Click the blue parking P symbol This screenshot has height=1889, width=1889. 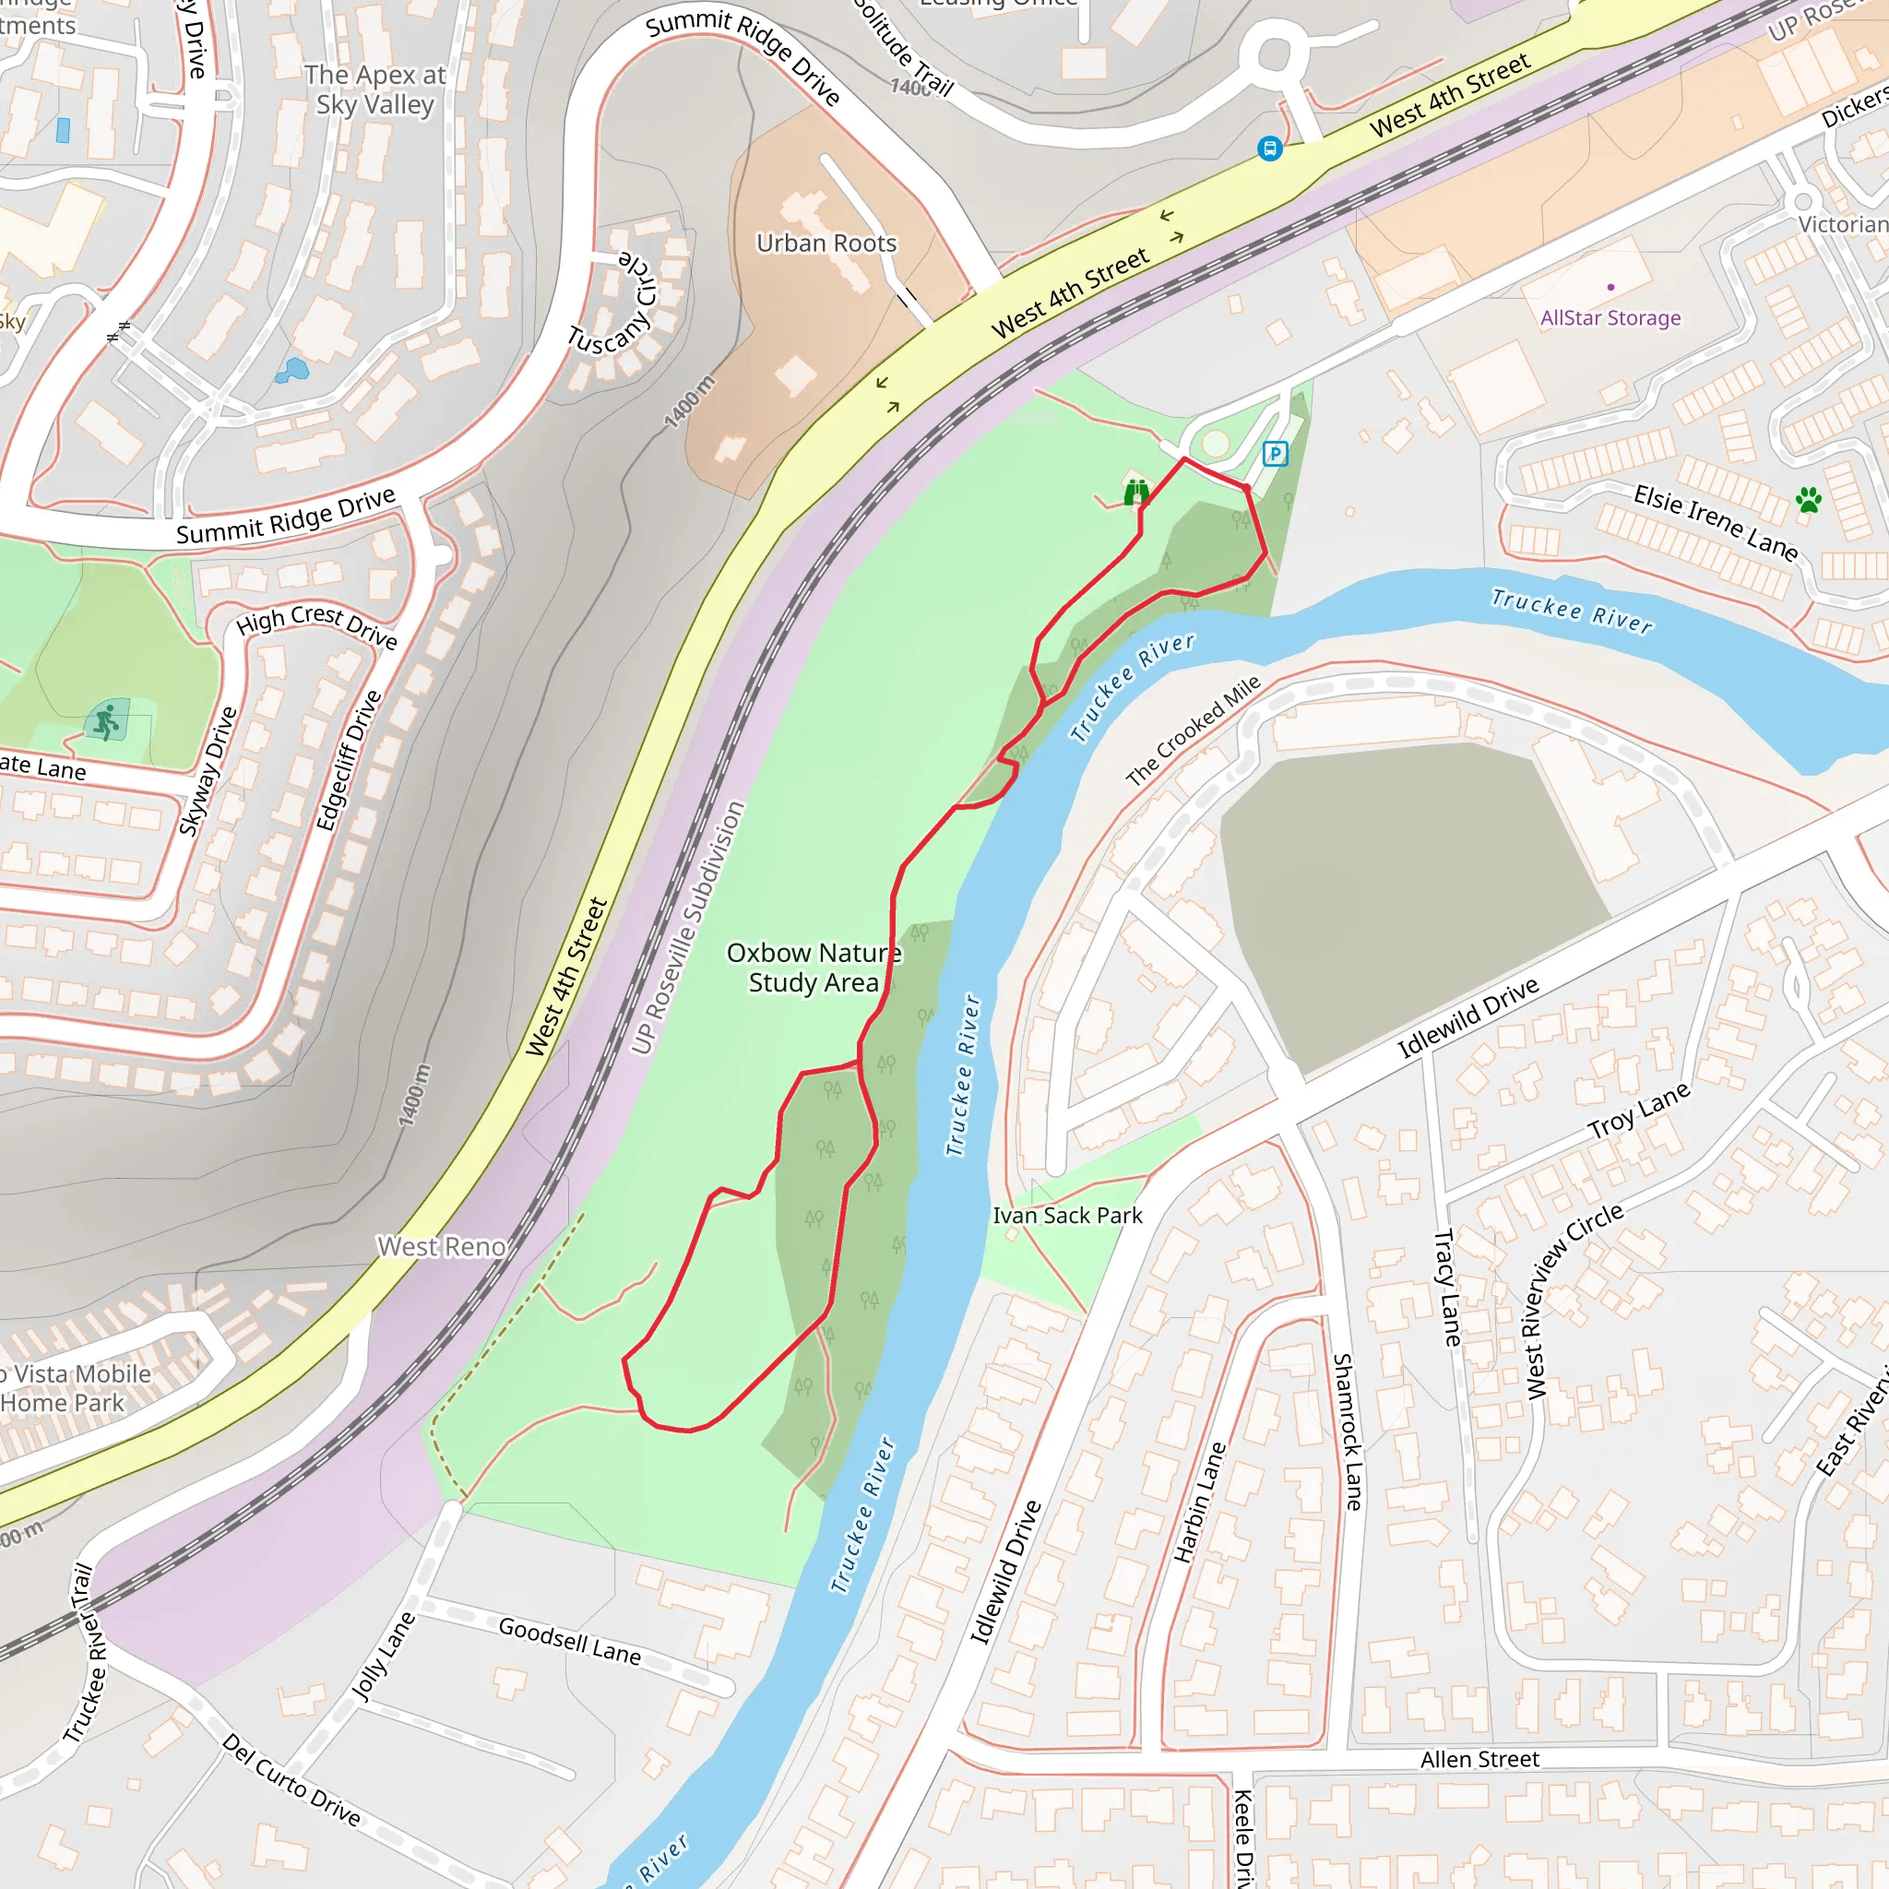1275,454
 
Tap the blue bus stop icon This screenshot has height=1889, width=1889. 1270,149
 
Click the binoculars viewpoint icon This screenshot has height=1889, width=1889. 1135,492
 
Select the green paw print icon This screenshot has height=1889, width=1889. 1809,500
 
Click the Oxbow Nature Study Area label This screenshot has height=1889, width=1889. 814,967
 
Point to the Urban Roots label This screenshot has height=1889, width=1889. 826,244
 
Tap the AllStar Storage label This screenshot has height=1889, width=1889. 1610,318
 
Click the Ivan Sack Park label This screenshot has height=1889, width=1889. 1068,1216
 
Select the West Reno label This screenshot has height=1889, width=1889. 442,1247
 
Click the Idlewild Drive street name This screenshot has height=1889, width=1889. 1467,1018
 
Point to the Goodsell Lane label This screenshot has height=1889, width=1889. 570,1640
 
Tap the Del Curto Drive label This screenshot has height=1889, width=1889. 291,1778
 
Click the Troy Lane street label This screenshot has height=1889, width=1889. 1639,1111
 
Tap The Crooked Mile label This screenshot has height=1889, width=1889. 1194,731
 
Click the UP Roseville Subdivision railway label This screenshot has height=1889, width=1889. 688,928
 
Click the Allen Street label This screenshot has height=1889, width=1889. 1479,1760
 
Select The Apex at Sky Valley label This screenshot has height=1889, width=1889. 375,90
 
